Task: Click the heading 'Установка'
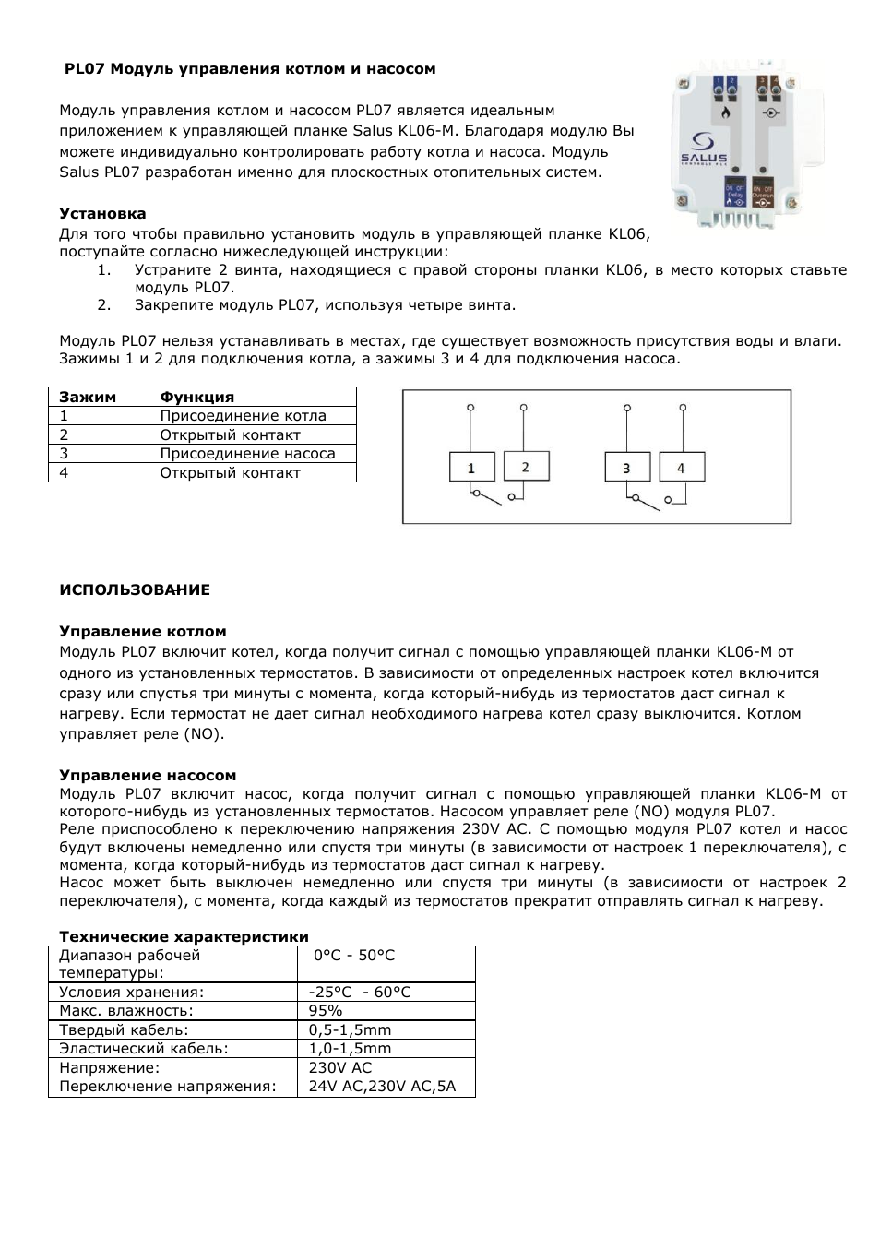102,214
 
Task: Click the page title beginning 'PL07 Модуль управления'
249,69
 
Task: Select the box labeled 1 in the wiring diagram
471,468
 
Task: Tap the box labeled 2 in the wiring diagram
526,467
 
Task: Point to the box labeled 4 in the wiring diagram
682,468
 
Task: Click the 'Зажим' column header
88,397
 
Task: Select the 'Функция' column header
196,397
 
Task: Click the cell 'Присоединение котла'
243,416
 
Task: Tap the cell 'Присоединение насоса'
247,454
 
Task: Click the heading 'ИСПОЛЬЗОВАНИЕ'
135,590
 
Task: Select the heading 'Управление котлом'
143,632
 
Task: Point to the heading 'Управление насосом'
148,776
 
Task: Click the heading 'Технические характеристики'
184,937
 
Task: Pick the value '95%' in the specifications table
326,1011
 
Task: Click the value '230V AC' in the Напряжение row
339,1068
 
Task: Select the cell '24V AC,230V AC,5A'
382,1087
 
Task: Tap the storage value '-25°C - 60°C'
360,993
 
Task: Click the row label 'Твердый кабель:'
124,1030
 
